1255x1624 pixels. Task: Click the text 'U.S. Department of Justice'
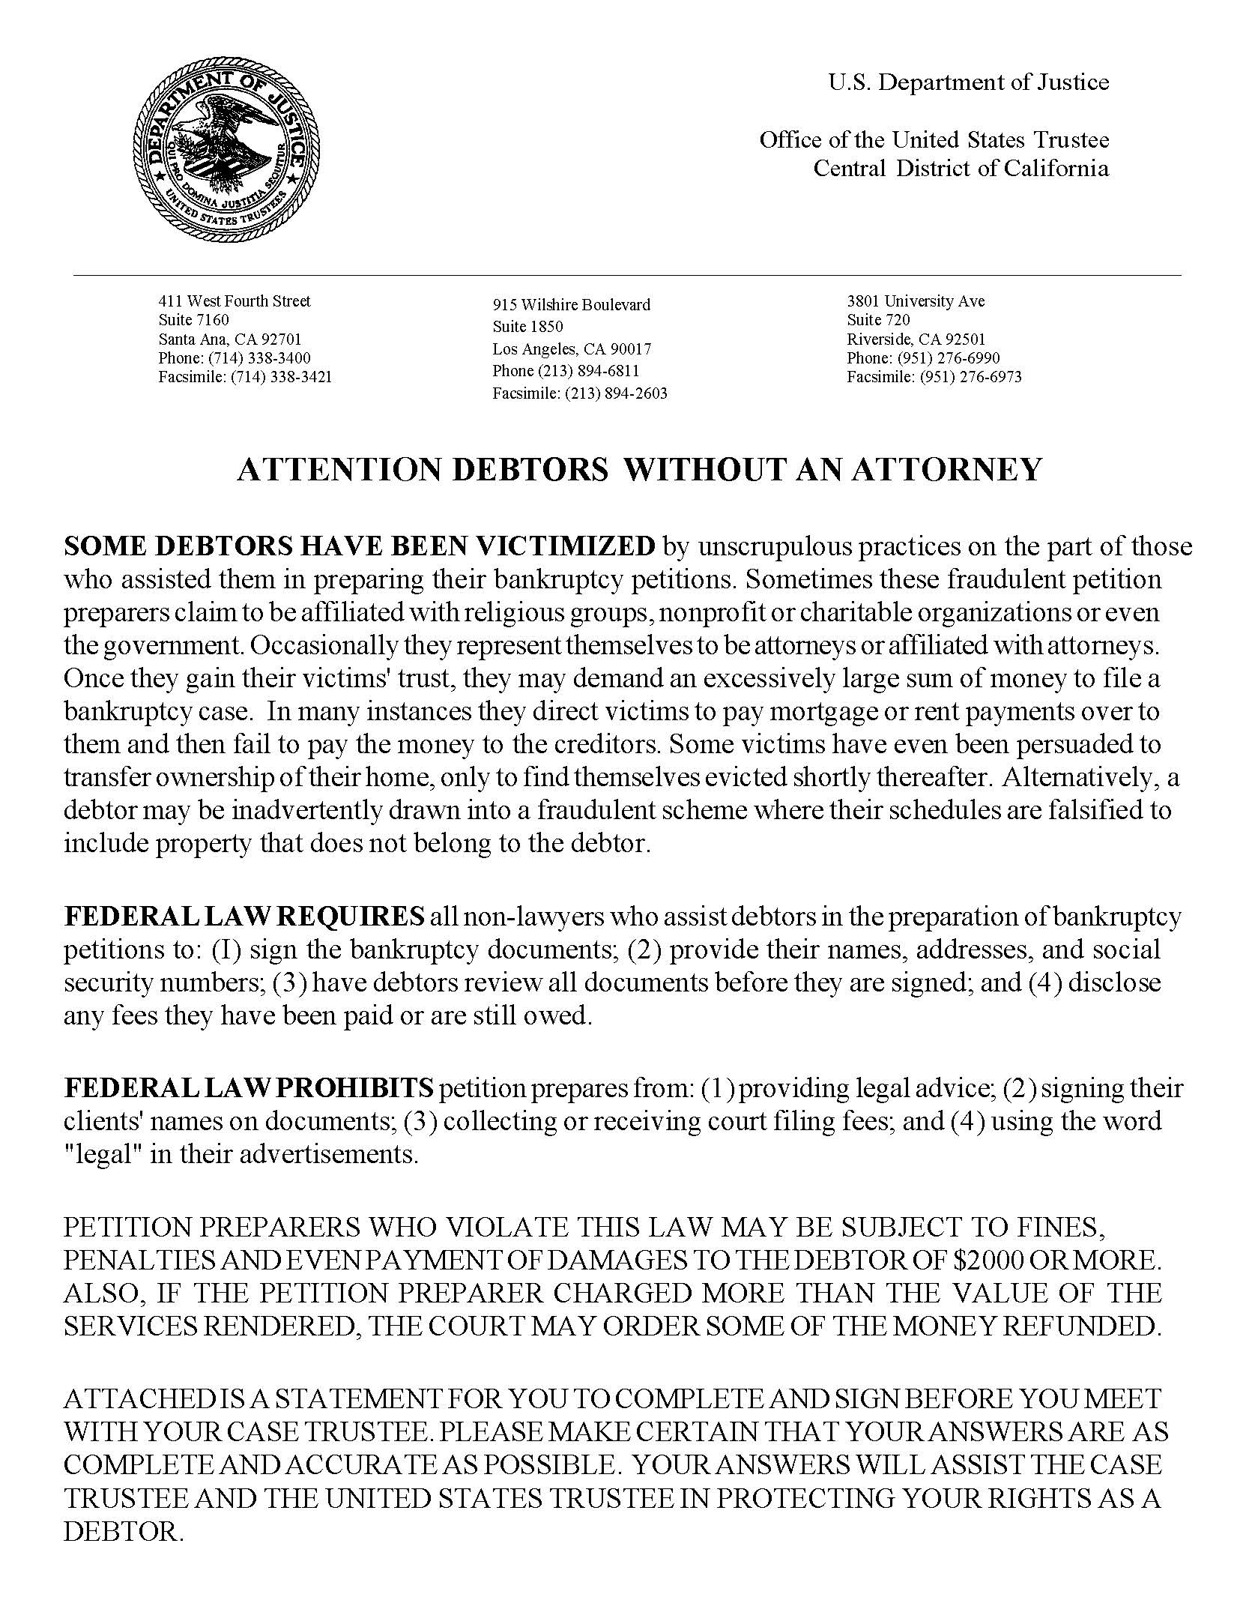pyautogui.click(x=968, y=82)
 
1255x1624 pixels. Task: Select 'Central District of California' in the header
pyautogui.click(x=961, y=168)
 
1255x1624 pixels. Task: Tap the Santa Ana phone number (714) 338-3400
pyautogui.click(x=259, y=358)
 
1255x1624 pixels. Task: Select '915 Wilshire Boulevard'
pyautogui.click(x=571, y=305)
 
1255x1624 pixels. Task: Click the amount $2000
pyautogui.click(x=988, y=1260)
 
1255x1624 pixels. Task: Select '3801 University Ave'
pyautogui.click(x=915, y=301)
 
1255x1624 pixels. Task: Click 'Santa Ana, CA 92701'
pyautogui.click(x=229, y=339)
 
